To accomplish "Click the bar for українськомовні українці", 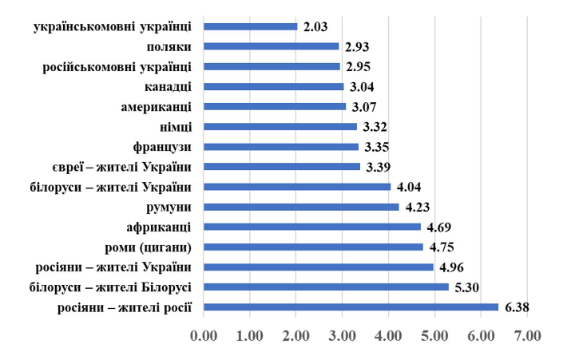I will (x=251, y=26).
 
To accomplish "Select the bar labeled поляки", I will (x=272, y=46).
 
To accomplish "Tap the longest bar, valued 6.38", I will (x=351, y=307).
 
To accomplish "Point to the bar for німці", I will (x=280, y=126).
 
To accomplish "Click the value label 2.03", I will (x=316, y=26).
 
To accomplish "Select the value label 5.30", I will (x=468, y=287).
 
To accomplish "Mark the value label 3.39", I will (x=379, y=167).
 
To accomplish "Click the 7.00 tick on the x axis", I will (x=528, y=335).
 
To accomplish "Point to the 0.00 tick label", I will (x=204, y=335).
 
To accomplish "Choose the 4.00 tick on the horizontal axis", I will (x=389, y=335).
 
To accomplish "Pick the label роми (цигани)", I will (x=149, y=247).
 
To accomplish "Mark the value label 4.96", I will (x=452, y=267).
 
